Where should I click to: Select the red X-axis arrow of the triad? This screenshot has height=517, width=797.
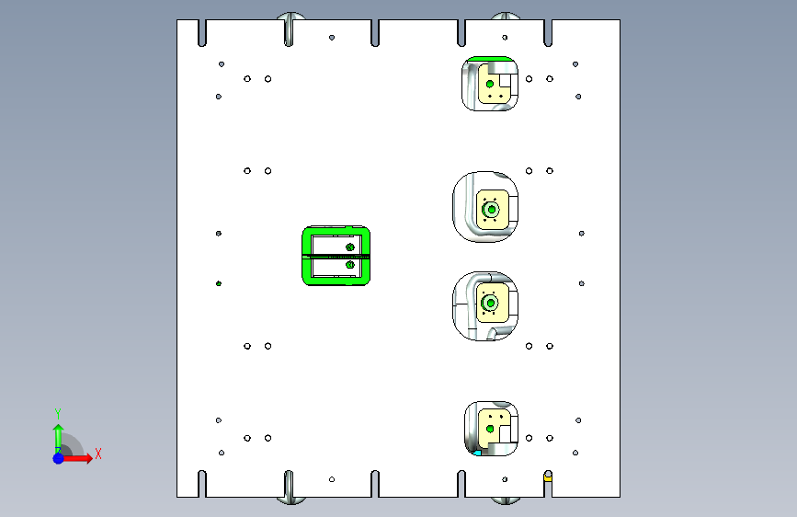76,458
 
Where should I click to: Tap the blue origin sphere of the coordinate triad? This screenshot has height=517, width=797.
59,458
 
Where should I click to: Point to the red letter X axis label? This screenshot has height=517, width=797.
98,454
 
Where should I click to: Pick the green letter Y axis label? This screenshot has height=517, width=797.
58,414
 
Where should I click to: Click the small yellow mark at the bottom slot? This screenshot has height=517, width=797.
548,477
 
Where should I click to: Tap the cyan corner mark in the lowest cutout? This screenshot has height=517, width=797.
477,453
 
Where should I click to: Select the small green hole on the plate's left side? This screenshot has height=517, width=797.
219,283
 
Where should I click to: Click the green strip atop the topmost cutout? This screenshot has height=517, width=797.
489,59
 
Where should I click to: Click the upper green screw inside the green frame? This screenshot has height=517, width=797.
349,247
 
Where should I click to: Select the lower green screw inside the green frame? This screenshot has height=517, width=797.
349,265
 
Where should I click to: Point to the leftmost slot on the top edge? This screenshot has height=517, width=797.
202,33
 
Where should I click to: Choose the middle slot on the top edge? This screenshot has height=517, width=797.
375,33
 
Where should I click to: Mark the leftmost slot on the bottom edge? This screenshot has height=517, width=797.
202,483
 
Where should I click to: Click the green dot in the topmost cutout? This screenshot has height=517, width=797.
490,84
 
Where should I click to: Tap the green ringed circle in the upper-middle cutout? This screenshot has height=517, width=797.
492,210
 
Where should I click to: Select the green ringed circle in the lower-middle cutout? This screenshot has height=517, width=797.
491,304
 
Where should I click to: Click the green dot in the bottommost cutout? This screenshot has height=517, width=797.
490,430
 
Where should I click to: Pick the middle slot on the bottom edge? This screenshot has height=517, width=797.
375,483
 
